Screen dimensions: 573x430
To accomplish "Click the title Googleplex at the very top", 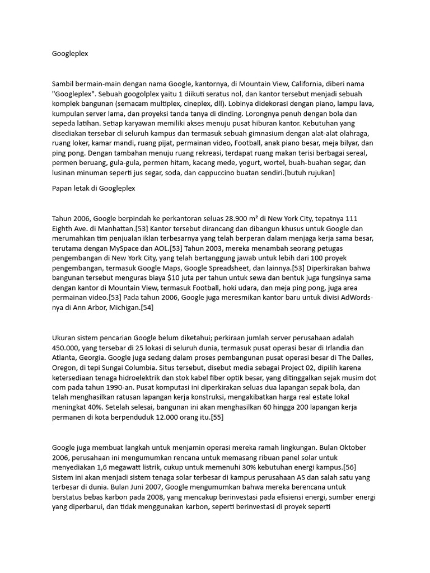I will point(70,54).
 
